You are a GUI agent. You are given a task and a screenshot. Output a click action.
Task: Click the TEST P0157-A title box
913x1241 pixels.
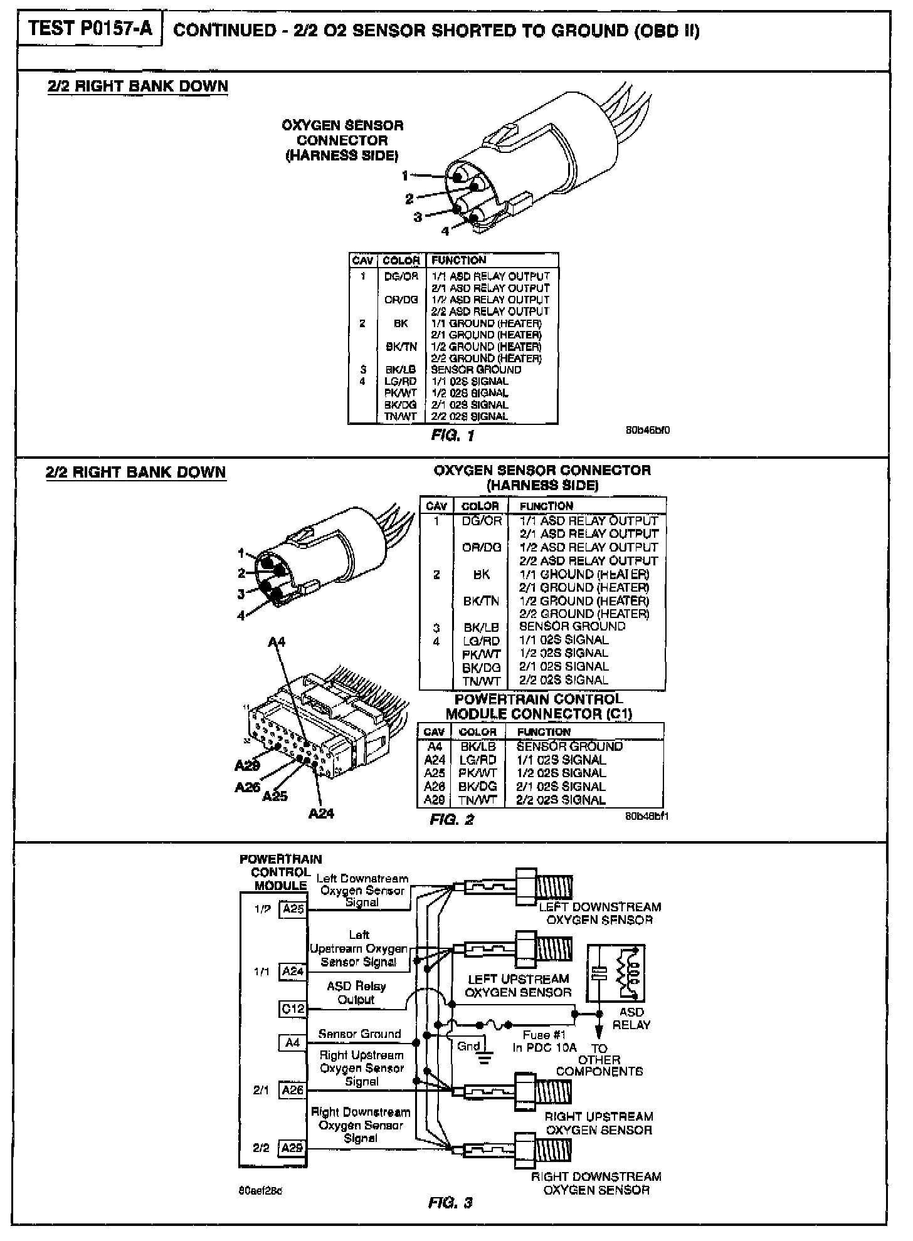(x=90, y=29)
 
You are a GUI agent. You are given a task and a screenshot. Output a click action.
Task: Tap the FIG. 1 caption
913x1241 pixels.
(x=453, y=435)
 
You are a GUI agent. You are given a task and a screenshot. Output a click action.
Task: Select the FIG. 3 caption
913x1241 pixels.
(x=450, y=1202)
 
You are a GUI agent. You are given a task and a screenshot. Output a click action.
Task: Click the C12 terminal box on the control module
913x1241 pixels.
(x=292, y=1008)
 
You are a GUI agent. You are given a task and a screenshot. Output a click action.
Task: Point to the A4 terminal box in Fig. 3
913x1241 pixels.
(x=292, y=1042)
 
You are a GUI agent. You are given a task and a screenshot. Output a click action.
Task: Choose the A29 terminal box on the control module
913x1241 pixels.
(x=292, y=1148)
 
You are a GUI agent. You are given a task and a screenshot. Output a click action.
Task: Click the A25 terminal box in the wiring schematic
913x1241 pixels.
(x=293, y=909)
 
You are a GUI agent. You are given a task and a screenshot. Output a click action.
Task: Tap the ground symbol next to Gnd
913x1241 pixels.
(x=483, y=1059)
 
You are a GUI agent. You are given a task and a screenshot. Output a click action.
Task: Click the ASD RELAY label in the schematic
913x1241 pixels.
(x=631, y=1018)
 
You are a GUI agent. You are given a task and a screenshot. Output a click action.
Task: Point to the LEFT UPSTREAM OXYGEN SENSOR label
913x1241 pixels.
(x=518, y=985)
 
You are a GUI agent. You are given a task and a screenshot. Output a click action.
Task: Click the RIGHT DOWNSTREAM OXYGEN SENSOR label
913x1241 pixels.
(x=596, y=1183)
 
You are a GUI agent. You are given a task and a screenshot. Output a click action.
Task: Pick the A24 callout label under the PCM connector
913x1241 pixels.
(x=321, y=814)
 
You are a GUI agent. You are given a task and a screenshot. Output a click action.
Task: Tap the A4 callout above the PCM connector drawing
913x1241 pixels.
(x=277, y=642)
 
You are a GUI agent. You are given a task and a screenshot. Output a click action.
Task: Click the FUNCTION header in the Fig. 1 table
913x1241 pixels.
(x=458, y=260)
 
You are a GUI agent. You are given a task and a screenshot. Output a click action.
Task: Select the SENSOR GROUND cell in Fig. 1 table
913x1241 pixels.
(x=475, y=370)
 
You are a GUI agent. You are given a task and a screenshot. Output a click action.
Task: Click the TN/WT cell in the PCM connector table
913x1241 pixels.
(x=478, y=800)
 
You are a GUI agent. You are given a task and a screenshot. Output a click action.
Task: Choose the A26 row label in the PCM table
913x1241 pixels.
(x=434, y=787)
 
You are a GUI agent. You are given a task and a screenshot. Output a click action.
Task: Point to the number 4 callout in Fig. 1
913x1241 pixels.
(x=445, y=231)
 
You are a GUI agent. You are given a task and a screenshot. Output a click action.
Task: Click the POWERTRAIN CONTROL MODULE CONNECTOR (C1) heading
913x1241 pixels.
(x=539, y=706)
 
